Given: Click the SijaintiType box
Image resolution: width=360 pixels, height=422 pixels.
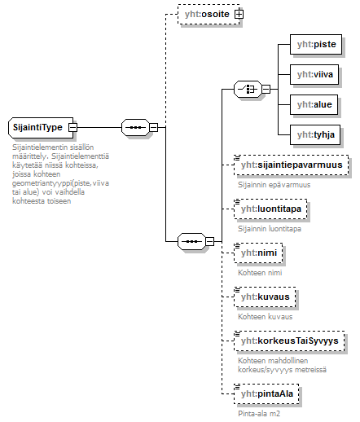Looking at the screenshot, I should (x=38, y=128).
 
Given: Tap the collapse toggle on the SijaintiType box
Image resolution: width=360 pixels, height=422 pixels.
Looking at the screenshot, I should (x=73, y=128).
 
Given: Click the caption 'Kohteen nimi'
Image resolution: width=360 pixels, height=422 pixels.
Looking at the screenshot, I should (x=259, y=272).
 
